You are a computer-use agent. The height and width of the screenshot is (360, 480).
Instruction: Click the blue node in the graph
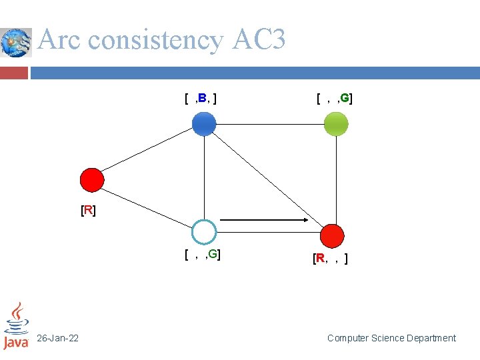click(x=204, y=123)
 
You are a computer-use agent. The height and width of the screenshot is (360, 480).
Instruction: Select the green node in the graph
click(x=336, y=123)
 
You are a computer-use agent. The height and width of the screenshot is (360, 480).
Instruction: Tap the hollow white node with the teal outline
click(x=204, y=232)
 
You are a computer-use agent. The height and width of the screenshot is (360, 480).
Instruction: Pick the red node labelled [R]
click(x=92, y=180)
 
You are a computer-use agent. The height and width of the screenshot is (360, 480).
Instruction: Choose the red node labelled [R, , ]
click(x=332, y=236)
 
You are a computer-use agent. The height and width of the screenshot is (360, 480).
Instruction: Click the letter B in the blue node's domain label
click(x=202, y=99)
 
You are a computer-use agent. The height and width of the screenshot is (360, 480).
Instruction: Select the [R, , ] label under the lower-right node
click(x=330, y=259)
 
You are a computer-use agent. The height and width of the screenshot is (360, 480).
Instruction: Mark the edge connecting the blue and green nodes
click(x=270, y=123)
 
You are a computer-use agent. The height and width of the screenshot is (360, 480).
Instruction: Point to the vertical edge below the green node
click(x=336, y=180)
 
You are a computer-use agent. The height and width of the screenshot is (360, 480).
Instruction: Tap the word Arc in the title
click(x=61, y=40)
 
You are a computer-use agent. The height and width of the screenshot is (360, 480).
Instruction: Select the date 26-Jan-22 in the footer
click(x=58, y=339)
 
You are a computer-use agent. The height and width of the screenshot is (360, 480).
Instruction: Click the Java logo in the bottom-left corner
click(x=16, y=327)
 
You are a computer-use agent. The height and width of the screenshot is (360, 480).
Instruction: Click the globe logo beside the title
click(x=15, y=43)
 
